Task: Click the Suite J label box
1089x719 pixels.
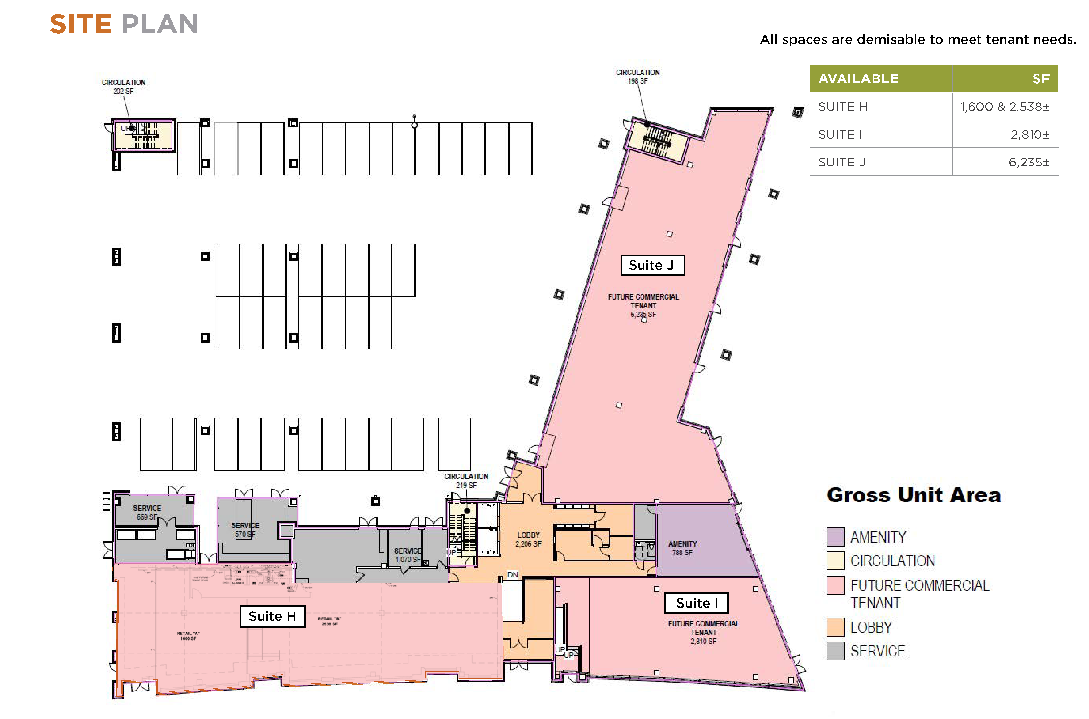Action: point(652,265)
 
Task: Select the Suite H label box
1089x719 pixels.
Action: point(272,616)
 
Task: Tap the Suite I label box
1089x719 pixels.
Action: point(696,603)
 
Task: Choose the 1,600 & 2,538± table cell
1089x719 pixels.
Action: point(1005,107)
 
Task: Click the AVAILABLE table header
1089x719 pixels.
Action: point(858,79)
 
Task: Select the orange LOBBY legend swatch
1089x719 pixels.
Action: point(835,627)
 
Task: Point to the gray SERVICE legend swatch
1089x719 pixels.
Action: point(835,651)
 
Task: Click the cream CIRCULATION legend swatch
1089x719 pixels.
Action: point(835,560)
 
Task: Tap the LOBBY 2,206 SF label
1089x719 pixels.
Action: point(528,539)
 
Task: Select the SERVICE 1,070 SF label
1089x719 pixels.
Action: point(408,555)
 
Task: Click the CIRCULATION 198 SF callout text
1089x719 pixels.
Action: point(638,76)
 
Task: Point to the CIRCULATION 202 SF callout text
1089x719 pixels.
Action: point(123,87)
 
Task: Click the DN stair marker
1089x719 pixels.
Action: point(512,575)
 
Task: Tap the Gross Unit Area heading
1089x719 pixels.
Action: point(913,495)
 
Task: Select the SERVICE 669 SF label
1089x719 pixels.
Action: point(147,512)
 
